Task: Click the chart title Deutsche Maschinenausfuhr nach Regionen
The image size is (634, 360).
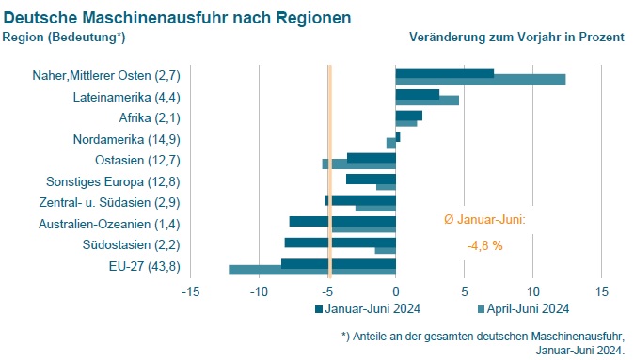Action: (x=178, y=17)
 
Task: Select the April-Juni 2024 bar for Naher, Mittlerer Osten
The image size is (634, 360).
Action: (x=480, y=80)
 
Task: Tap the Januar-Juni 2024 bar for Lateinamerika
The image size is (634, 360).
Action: (x=417, y=94)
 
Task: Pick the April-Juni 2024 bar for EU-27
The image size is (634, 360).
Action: (x=311, y=271)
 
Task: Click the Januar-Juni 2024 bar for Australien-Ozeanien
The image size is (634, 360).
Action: (x=341, y=221)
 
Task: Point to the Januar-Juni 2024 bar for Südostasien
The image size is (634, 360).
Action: (x=340, y=243)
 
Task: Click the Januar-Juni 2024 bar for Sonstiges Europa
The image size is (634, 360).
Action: (x=371, y=179)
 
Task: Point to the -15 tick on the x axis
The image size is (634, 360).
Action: (x=189, y=291)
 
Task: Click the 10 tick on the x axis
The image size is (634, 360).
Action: (x=533, y=291)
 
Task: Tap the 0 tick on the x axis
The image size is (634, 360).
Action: (x=396, y=291)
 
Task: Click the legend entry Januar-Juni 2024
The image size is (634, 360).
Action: (x=367, y=308)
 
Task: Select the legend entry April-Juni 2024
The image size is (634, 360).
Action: (x=523, y=308)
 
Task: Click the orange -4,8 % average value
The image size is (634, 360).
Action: (x=484, y=245)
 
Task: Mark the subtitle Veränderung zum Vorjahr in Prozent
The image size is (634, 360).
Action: (x=516, y=37)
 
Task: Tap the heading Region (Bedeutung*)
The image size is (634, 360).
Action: (x=64, y=37)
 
